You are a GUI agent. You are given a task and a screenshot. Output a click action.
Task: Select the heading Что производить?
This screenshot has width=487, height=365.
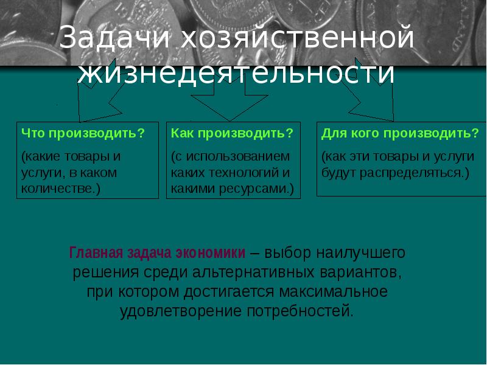[x=83, y=133]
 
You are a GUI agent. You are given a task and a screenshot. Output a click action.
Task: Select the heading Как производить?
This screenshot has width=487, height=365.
[x=233, y=133]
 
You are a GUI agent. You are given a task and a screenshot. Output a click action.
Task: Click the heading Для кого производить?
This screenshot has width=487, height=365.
[x=400, y=133]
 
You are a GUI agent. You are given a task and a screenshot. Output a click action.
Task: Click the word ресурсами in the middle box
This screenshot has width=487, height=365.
[x=261, y=189]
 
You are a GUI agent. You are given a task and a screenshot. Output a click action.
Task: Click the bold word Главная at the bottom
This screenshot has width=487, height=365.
[x=96, y=252]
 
